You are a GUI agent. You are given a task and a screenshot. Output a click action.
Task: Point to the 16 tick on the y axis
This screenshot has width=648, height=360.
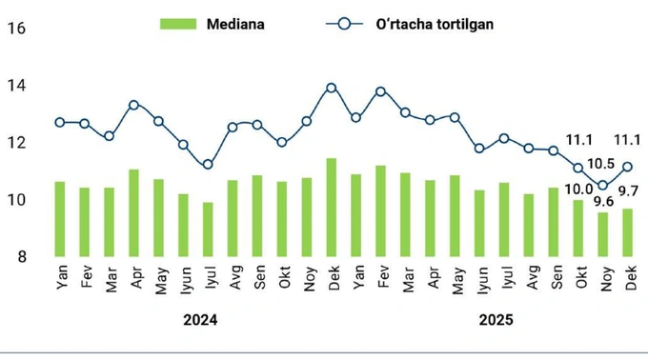[x=16, y=28]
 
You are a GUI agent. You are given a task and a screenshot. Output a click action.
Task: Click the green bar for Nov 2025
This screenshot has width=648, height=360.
[x=602, y=234]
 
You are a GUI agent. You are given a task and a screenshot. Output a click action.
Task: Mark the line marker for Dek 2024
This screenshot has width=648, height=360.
[x=331, y=88]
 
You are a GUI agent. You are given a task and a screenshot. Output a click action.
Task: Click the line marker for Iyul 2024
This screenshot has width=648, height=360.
[x=208, y=165]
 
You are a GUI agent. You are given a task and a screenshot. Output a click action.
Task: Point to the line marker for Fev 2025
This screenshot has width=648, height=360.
[x=380, y=91]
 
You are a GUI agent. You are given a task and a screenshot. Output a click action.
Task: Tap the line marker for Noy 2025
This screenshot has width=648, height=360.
[x=602, y=186]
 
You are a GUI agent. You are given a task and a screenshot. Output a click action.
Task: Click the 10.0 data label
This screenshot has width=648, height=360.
[x=577, y=190]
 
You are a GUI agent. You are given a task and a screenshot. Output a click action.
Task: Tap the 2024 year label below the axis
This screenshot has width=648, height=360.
[x=200, y=321]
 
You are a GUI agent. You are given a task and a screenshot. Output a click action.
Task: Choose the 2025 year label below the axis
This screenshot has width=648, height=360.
[x=496, y=321]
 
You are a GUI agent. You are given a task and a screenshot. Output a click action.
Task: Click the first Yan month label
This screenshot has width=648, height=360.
[x=62, y=279]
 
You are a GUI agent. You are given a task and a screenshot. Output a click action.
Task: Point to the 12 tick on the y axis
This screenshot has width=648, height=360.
[x=16, y=143]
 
